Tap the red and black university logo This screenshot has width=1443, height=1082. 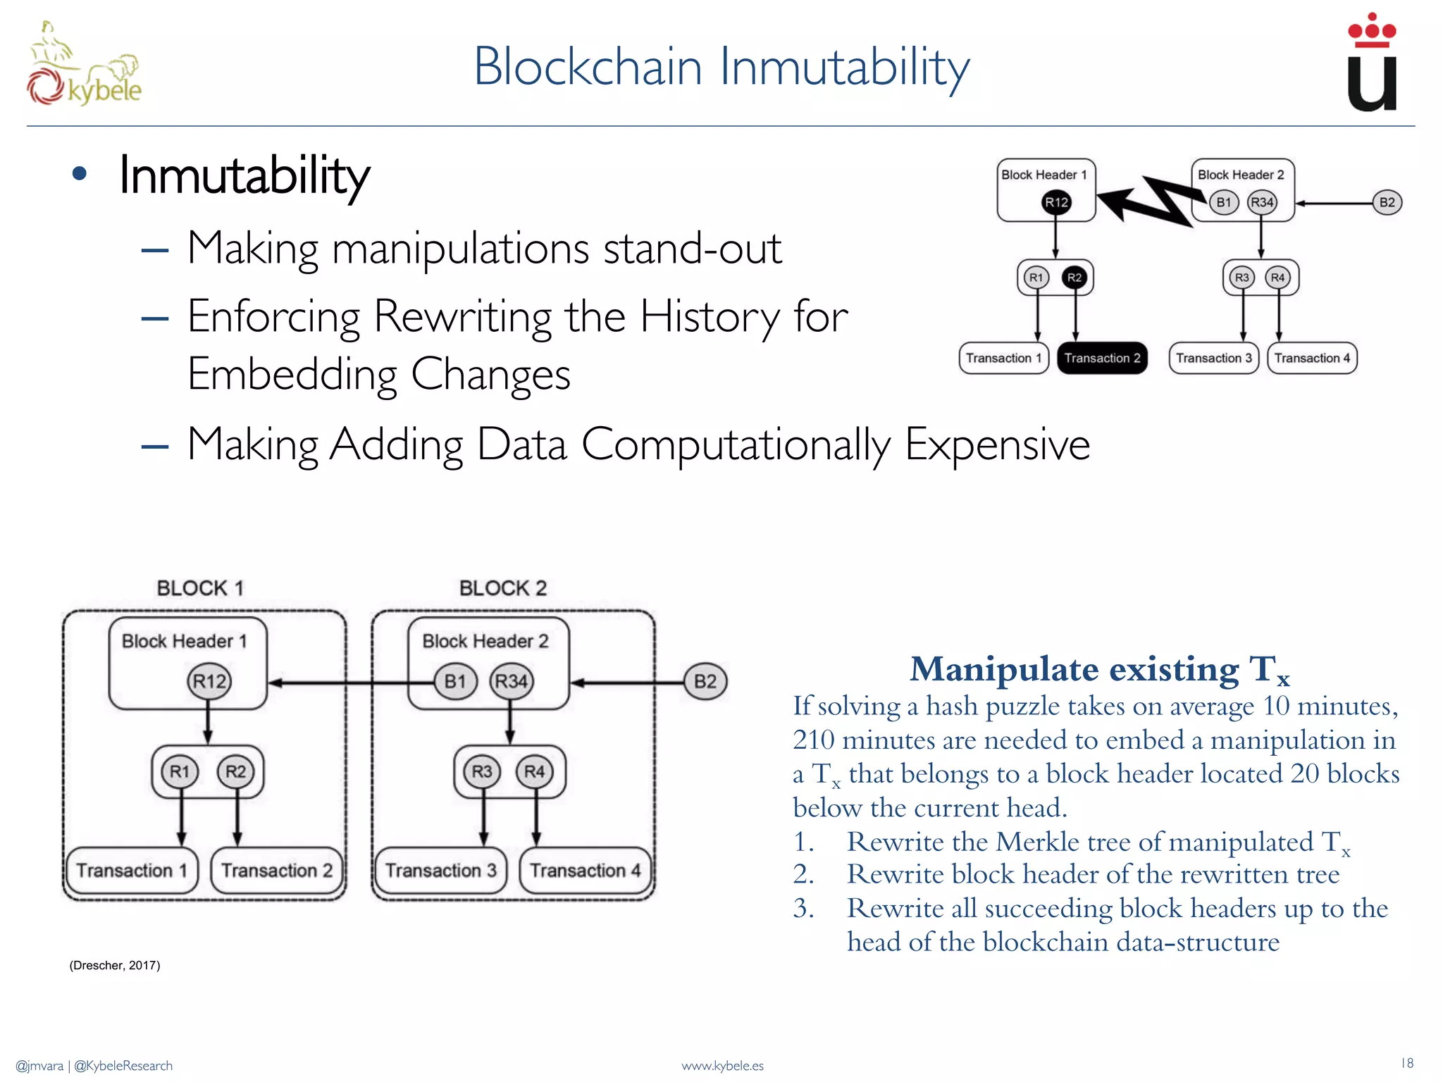[x=1371, y=63]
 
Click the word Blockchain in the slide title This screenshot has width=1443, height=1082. [x=588, y=67]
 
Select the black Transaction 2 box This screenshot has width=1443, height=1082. [x=1102, y=358]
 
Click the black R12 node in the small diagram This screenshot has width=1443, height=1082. [x=1056, y=202]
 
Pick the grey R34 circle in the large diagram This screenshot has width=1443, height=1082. [x=512, y=681]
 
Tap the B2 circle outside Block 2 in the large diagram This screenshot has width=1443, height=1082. [x=705, y=681]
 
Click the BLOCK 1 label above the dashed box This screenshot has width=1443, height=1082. [x=200, y=588]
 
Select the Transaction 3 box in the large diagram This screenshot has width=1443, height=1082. [x=440, y=871]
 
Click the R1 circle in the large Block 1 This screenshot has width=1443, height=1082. [x=180, y=771]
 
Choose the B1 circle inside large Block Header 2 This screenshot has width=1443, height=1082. [x=455, y=681]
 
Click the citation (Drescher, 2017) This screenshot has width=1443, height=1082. [x=115, y=965]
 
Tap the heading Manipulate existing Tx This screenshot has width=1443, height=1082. [x=1099, y=669]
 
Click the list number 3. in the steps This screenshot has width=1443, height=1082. [x=803, y=909]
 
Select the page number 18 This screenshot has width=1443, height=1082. [x=1406, y=1063]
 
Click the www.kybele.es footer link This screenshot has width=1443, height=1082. [x=722, y=1066]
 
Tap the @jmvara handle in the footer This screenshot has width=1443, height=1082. [x=39, y=1066]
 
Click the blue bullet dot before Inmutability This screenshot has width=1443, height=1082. [x=80, y=174]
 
